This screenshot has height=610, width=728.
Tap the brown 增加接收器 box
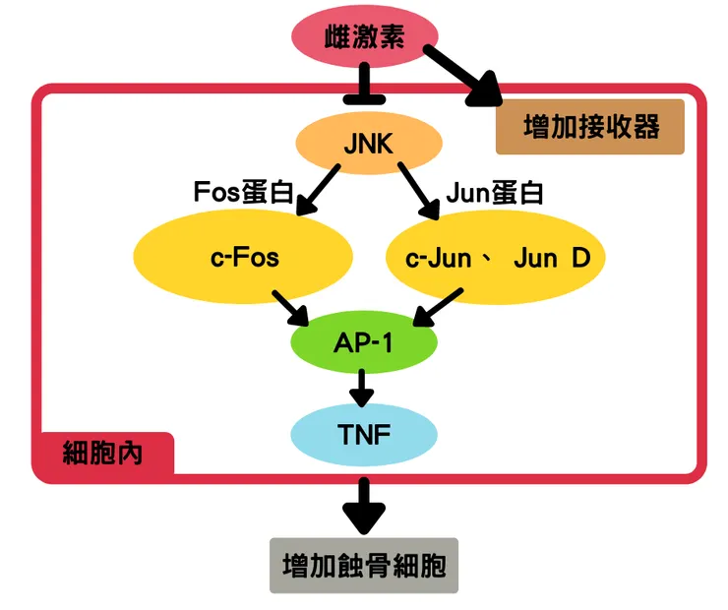(590, 127)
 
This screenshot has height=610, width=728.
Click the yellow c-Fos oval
(244, 258)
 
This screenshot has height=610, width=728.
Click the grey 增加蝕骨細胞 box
(364, 566)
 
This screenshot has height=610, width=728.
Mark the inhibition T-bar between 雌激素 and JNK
(364, 87)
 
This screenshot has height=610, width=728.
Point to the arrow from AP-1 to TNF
(363, 388)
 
